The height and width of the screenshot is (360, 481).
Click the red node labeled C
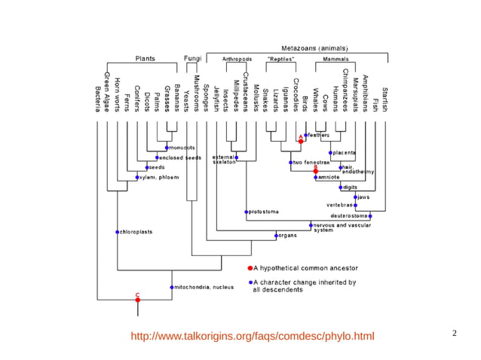pyautogui.click(x=137, y=300)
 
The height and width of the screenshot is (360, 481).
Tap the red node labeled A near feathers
pyautogui.click(x=301, y=141)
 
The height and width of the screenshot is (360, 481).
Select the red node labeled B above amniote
pyautogui.click(x=316, y=171)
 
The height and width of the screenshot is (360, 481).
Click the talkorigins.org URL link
pyautogui.click(x=252, y=335)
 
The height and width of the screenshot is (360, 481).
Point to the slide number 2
pyautogui.click(x=455, y=332)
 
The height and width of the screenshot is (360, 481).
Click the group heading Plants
pyautogui.click(x=145, y=58)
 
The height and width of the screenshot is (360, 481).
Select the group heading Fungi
pyautogui.click(x=192, y=58)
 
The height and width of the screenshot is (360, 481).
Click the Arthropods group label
pyautogui.click(x=237, y=59)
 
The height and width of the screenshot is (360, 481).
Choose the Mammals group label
pyautogui.click(x=335, y=59)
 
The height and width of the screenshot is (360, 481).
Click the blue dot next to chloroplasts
pyautogui.click(x=117, y=232)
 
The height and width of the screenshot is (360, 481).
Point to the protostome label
pyautogui.click(x=265, y=212)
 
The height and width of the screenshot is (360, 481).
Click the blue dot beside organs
pyautogui.click(x=276, y=236)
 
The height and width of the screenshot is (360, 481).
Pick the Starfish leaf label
pyautogui.click(x=384, y=99)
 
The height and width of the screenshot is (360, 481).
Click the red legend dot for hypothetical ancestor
pyautogui.click(x=250, y=267)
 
